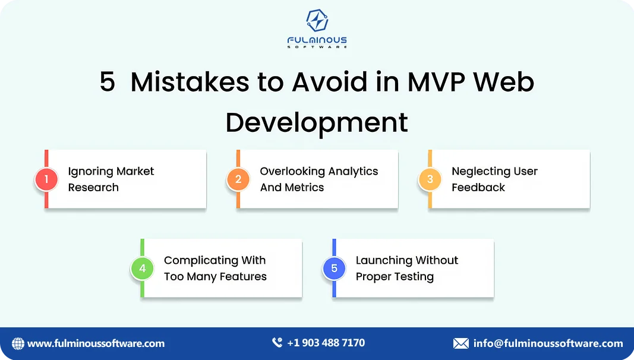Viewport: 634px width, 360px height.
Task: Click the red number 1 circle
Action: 46,179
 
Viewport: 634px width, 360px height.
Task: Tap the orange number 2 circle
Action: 238,179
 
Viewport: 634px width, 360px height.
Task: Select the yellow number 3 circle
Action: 430,179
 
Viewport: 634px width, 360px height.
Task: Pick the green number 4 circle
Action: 143,269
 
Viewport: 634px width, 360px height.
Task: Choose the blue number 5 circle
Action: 334,269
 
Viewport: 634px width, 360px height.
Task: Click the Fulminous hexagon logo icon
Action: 317,21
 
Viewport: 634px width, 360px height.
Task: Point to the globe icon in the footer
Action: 18,343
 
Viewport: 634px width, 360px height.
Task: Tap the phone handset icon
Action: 277,343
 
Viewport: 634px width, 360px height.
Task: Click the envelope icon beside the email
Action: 461,343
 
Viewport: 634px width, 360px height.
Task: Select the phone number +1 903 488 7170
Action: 326,343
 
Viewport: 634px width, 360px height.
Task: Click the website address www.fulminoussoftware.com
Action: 96,343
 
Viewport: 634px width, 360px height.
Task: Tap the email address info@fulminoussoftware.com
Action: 548,343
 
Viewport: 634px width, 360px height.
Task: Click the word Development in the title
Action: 317,122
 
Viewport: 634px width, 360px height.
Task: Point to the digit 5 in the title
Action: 107,82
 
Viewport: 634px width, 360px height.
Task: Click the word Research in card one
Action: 93,187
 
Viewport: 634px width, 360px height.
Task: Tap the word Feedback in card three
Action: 478,187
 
